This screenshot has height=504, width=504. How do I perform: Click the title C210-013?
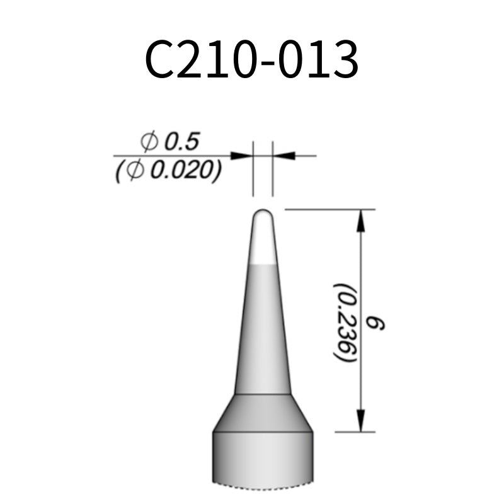[252, 60]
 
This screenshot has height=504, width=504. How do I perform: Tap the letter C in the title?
[160, 60]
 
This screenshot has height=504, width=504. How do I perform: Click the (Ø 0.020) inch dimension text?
[168, 170]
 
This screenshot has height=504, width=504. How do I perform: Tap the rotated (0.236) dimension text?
[345, 321]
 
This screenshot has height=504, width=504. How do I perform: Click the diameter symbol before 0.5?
[149, 142]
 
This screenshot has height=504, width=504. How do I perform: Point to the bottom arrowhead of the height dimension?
[361, 421]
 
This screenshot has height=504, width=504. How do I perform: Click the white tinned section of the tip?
[263, 246]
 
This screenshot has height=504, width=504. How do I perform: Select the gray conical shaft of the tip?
[263, 328]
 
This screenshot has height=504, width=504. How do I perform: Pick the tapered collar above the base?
[263, 413]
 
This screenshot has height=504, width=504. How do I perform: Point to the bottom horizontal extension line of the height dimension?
[353, 432]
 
